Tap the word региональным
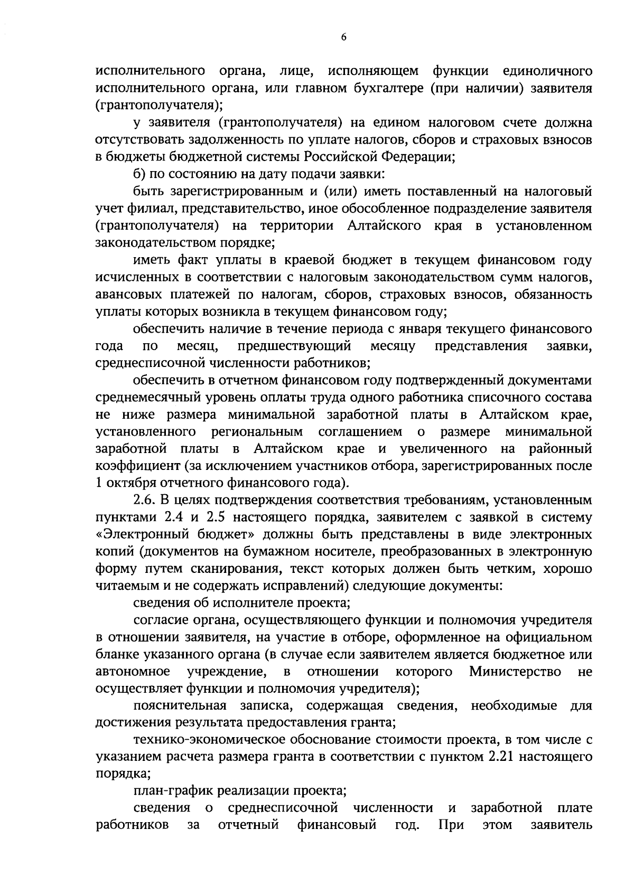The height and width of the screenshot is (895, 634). (257, 432)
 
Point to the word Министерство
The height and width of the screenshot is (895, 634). (515, 672)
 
